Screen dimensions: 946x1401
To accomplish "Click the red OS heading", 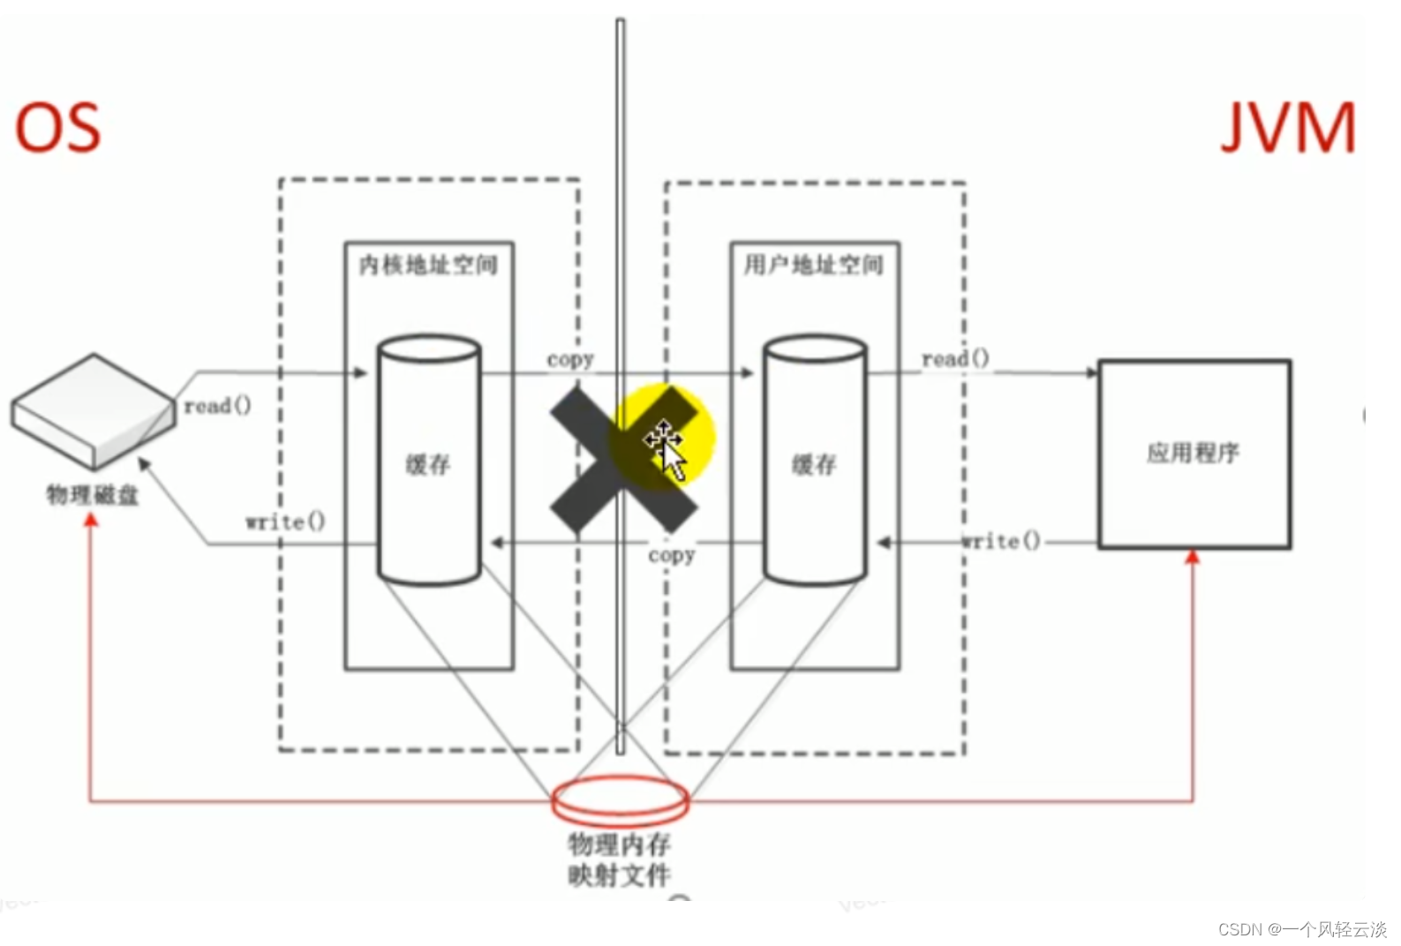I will click(58, 129).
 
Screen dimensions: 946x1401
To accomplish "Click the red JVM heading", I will click(1287, 129).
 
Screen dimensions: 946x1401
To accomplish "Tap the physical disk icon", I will click(92, 410).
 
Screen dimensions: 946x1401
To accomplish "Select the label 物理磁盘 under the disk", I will click(93, 495).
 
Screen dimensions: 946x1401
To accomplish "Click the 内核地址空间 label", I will click(428, 265).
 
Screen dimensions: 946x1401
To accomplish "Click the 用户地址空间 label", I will click(813, 265).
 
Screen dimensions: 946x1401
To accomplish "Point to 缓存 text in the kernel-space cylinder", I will click(428, 464).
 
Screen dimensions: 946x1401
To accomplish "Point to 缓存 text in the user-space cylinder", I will click(814, 464).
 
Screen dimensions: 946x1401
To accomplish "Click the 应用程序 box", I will click(1194, 454).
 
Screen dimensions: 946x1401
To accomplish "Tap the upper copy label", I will click(570, 360).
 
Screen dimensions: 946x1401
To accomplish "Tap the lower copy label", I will click(672, 556).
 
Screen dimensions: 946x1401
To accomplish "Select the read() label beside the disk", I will click(217, 406).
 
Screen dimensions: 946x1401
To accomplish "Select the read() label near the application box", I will click(955, 358).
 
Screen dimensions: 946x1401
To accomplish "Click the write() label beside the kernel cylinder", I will click(285, 522).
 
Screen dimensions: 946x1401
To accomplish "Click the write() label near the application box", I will click(1000, 541).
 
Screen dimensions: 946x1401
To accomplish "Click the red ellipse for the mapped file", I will click(620, 800).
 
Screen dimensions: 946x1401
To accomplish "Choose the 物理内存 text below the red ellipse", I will click(620, 845).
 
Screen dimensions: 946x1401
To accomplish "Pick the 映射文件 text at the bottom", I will click(620, 875).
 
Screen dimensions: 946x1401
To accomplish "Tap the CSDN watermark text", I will click(1302, 929).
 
